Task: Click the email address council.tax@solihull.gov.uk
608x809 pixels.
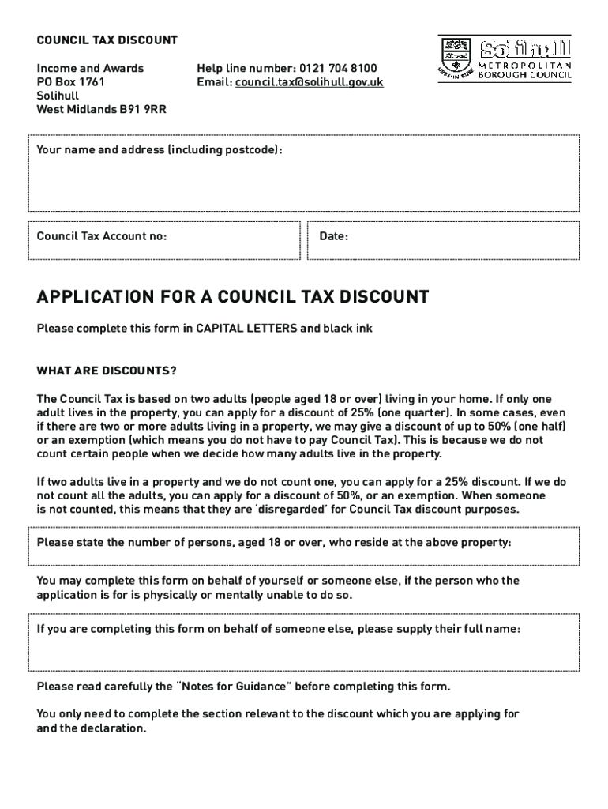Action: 309,82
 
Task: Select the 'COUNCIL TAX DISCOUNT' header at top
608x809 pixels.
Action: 107,40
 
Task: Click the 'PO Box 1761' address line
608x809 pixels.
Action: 71,82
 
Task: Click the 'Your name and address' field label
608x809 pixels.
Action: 159,150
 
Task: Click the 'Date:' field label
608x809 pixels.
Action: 334,236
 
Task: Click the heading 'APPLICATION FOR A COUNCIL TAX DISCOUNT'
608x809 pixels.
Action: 233,297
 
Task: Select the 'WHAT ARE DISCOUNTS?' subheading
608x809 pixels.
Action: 107,371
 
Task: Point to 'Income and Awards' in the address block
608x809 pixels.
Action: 90,69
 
